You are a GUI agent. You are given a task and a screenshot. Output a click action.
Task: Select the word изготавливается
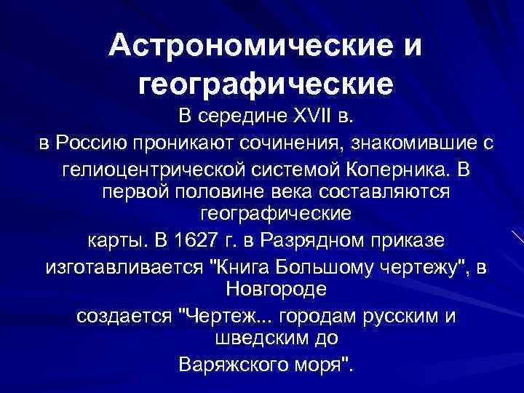point(122,266)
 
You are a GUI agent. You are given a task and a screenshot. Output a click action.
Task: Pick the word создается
point(123,318)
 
